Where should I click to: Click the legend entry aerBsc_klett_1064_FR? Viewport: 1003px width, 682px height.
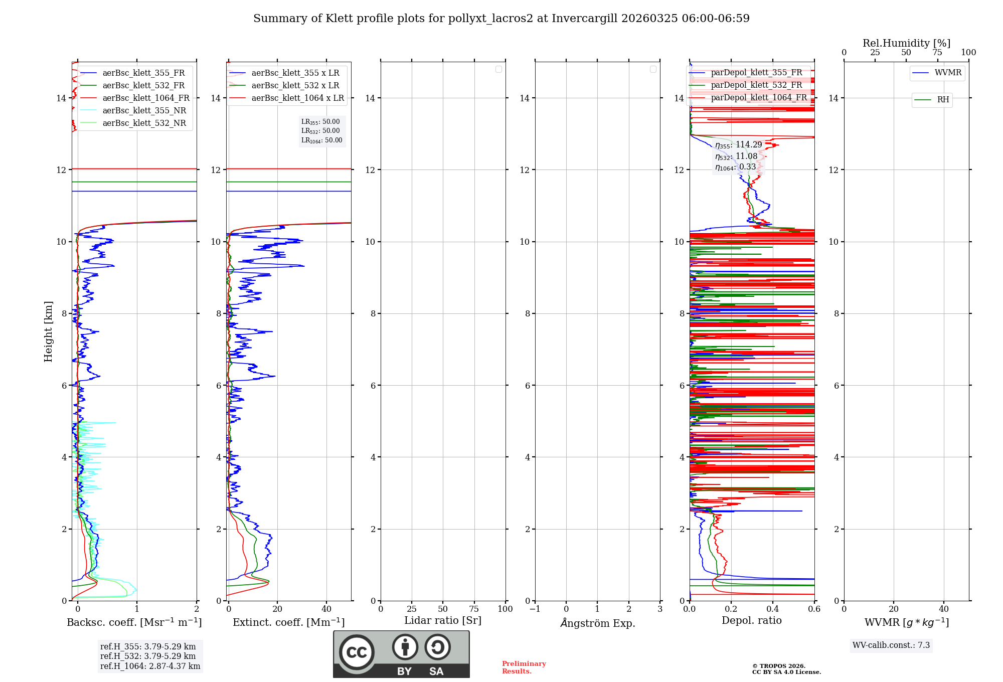[145, 98]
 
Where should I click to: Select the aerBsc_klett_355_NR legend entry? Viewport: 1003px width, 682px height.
[144, 111]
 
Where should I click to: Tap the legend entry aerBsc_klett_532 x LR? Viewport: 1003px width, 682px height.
[295, 86]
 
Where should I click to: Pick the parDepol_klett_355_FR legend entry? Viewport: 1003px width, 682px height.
[756, 73]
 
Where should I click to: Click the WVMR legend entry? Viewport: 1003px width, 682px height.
[948, 73]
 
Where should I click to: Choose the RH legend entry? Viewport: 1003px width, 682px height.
[943, 100]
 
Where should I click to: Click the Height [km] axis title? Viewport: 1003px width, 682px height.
[48, 331]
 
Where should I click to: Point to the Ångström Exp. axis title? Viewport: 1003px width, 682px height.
[597, 623]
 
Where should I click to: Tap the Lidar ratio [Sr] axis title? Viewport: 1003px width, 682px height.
[443, 621]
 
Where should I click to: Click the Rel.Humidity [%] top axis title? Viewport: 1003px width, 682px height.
[906, 43]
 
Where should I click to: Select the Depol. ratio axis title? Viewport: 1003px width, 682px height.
[751, 621]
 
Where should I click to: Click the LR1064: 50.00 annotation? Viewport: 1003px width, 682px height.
[321, 140]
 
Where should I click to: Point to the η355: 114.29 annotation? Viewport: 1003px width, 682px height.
[738, 145]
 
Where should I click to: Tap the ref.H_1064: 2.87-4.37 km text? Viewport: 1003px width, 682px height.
[150, 666]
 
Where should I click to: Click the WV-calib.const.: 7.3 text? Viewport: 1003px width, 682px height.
[891, 645]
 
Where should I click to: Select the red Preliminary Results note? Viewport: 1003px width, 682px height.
[524, 667]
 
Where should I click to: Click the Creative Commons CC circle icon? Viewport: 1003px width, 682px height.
[357, 652]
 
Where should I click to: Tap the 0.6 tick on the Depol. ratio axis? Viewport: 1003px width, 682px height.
[814, 609]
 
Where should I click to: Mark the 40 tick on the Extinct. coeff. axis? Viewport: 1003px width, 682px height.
[326, 609]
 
